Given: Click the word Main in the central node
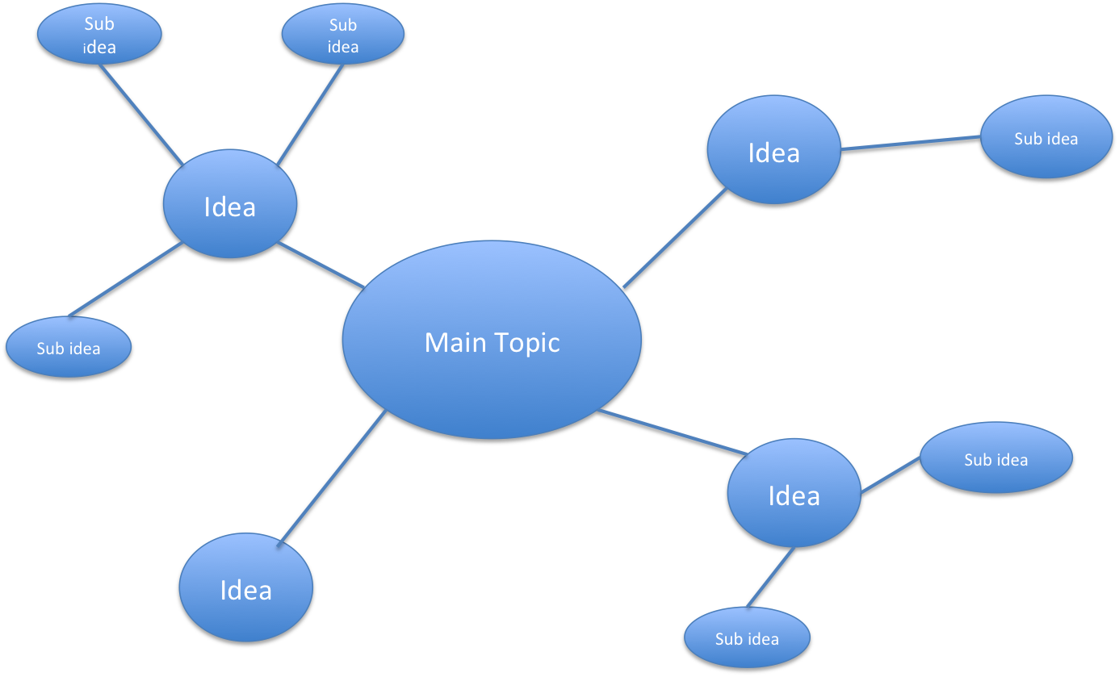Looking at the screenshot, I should click(456, 342).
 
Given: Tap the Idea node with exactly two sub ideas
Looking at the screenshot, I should click(794, 495).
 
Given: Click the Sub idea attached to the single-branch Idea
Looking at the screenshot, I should click(1046, 139).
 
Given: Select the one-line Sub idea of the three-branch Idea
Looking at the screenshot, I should click(69, 349).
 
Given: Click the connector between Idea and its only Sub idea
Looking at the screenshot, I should click(911, 144).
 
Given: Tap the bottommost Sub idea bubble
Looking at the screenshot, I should click(747, 638).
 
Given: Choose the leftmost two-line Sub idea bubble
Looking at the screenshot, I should click(99, 36).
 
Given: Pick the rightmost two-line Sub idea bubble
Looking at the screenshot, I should click(343, 36).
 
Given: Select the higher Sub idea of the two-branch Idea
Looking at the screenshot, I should click(995, 459).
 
